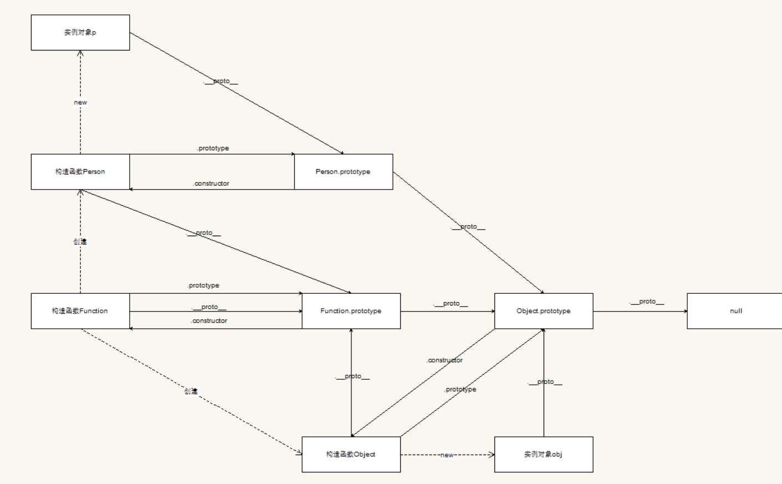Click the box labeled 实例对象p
coord(80,33)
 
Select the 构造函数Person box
coord(80,172)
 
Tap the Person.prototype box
coord(344,172)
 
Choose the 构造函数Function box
coord(80,311)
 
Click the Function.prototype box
coord(351,311)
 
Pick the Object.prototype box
coord(544,311)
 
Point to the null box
coord(735,311)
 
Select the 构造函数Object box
coord(351,455)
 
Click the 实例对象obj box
coord(544,455)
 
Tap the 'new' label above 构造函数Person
coord(80,103)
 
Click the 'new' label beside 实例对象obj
coord(447,455)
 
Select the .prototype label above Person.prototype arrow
coord(213,149)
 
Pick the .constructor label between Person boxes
coord(211,184)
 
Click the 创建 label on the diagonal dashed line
coord(191,391)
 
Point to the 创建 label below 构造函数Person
coord(80,242)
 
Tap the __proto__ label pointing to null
coord(647,302)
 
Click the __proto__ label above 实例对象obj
coord(545,382)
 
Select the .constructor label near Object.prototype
coord(444,360)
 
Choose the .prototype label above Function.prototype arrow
coord(203,286)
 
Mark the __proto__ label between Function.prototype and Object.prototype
coord(451,304)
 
